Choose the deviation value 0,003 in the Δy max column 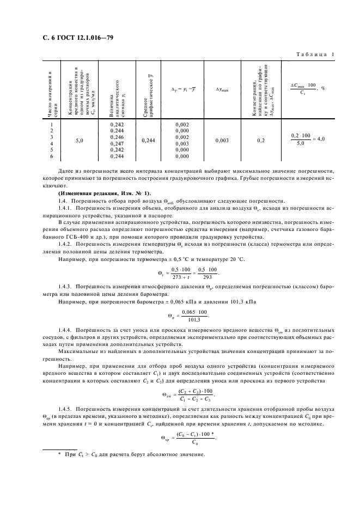point(222,141)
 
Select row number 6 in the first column point(51,156)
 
